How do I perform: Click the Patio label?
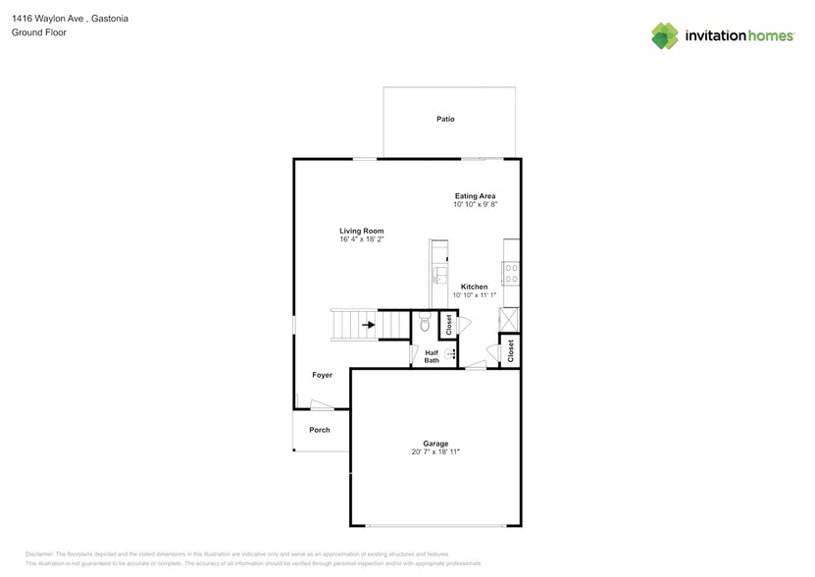point(445,119)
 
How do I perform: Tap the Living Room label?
point(362,231)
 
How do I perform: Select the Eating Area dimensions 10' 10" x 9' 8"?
point(475,204)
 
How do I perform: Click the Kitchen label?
point(474,287)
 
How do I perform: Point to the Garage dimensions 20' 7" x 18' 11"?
point(435,451)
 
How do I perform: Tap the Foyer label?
point(323,375)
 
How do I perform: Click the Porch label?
point(320,430)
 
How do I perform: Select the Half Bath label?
point(432,356)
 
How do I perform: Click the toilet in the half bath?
point(426,322)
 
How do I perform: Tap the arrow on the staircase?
point(369,325)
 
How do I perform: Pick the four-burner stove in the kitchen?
point(511,274)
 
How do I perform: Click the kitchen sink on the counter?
point(439,275)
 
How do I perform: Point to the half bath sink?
point(450,354)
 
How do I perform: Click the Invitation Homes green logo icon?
point(665,36)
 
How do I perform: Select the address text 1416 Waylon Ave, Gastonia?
point(71,19)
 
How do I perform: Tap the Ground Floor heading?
point(39,32)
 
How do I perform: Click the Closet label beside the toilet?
point(449,325)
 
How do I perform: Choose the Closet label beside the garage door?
point(510,351)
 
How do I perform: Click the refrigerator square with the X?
point(509,320)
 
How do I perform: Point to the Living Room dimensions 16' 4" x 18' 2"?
point(362,239)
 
